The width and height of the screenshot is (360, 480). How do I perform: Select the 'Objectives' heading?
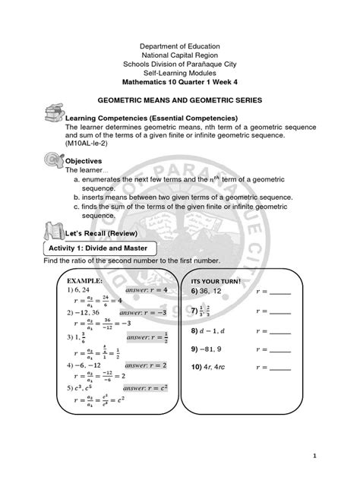pos(86,162)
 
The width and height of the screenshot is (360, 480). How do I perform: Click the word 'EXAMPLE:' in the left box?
pos(69,280)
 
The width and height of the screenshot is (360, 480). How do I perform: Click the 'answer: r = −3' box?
pos(153,312)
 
